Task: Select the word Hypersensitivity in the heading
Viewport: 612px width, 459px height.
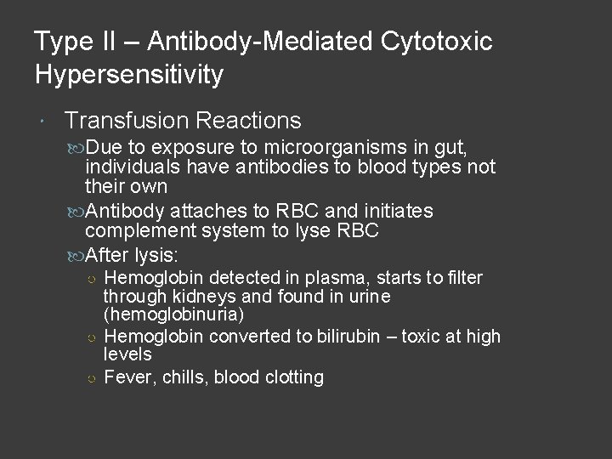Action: click(129, 74)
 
